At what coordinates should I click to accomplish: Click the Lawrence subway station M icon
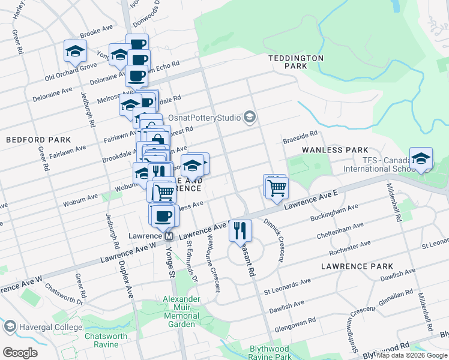[170, 236]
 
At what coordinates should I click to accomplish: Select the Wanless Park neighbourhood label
[334, 149]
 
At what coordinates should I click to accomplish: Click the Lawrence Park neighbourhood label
[357, 266]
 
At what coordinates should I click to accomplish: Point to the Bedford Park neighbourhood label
[30, 139]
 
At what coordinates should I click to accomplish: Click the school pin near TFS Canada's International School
[421, 159]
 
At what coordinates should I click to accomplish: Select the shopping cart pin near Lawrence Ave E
[277, 188]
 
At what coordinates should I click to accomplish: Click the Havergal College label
[44, 326]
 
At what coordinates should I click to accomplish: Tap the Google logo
[20, 352]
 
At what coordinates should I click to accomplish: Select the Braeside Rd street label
[300, 139]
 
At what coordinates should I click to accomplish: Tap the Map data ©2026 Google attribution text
[412, 355]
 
